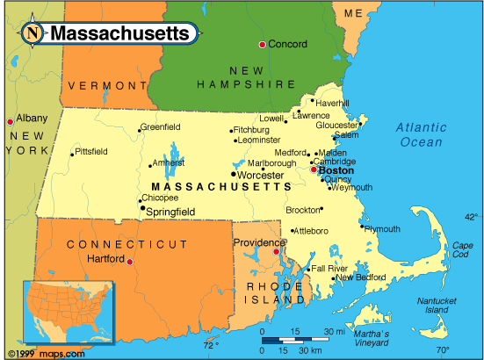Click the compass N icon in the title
33,34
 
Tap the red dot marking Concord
262,44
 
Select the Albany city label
32,117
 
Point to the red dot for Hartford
130,262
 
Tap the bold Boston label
336,170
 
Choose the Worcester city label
261,176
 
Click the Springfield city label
170,212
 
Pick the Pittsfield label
91,152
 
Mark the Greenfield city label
161,127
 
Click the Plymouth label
382,229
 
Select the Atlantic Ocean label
422,134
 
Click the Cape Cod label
460,250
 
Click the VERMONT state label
106,85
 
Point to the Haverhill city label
333,103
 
